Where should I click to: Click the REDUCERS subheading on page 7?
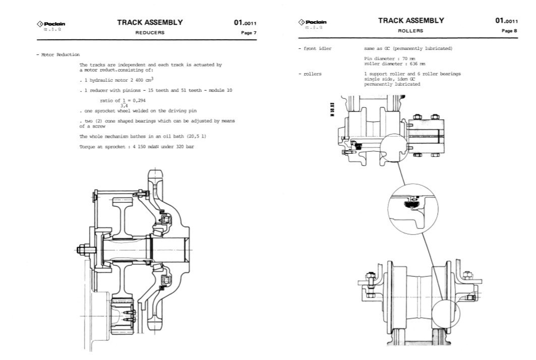click(149, 32)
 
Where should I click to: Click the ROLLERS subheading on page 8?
click(410, 30)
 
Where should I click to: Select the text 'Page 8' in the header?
click(509, 30)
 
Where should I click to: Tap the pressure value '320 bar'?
click(186, 146)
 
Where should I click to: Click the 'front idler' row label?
click(317, 48)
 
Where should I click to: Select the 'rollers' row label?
click(312, 74)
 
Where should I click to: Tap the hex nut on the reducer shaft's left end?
click(83, 249)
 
